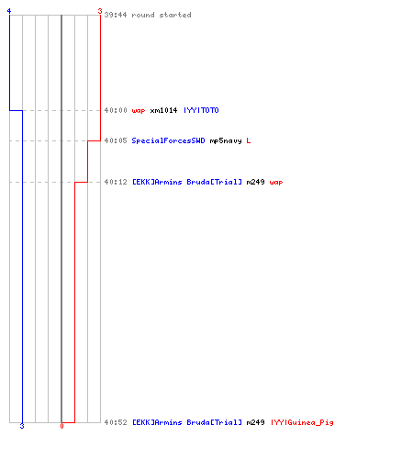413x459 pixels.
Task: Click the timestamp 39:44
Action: pos(116,15)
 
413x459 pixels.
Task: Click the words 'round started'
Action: pos(162,15)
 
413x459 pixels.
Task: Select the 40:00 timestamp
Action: pos(116,110)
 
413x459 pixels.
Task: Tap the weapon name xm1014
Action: pos(163,110)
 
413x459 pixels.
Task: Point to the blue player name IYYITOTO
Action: pos(201,110)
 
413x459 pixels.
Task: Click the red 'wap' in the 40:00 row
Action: pos(139,111)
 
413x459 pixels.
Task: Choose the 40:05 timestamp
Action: pos(116,140)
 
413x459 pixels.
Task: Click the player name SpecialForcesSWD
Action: pos(168,140)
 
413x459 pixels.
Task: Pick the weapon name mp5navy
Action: pos(226,140)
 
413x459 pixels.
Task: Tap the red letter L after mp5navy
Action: pos(249,140)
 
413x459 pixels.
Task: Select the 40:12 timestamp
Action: pos(116,182)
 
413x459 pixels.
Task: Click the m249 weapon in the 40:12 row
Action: pos(255,182)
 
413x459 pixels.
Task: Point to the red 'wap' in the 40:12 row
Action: pos(276,183)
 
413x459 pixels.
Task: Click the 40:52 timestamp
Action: pos(116,422)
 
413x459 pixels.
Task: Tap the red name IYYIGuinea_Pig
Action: pos(302,422)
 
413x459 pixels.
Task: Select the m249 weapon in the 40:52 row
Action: pos(255,422)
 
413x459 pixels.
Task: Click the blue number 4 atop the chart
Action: pos(9,11)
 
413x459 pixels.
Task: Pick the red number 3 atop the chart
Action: pos(100,11)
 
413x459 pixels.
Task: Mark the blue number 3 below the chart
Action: pos(22,426)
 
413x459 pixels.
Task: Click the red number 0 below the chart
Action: pos(61,426)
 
